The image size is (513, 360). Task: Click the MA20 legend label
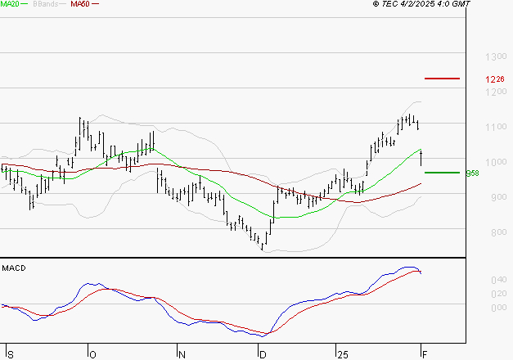click(10, 4)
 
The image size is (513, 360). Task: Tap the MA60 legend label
click(79, 4)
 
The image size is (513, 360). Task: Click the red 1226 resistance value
click(494, 79)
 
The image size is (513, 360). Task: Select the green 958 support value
click(472, 173)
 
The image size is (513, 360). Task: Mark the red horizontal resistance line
click(442, 79)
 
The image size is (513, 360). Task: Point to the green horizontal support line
click(442, 173)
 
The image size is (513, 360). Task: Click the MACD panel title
click(14, 268)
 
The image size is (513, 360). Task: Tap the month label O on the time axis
click(92, 354)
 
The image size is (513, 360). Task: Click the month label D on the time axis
click(263, 354)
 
